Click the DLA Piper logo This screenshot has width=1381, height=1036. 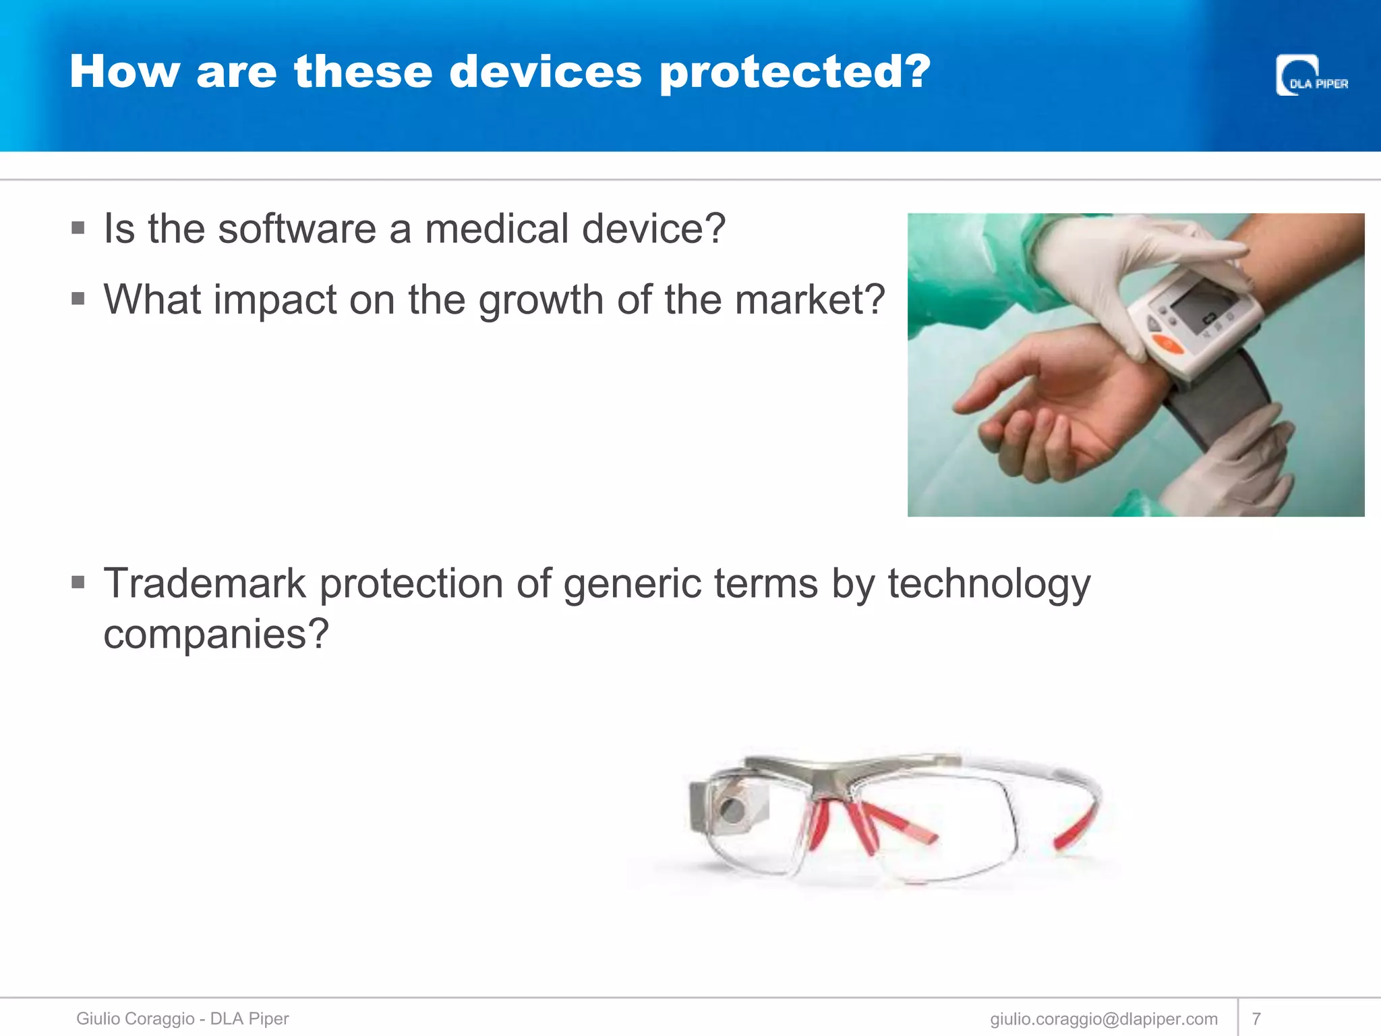[x=1311, y=76]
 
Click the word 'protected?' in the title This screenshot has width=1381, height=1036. [x=795, y=71]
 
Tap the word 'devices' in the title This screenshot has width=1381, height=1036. [x=545, y=71]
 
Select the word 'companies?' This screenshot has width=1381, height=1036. [x=216, y=634]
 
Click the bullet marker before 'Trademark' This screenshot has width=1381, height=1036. [x=78, y=581]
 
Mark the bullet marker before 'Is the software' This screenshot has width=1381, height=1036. [x=78, y=228]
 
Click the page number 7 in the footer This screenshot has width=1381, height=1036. [x=1256, y=1018]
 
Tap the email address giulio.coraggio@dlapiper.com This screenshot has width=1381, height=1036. [x=1104, y=1018]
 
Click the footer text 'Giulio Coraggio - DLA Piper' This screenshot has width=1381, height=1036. [x=182, y=1018]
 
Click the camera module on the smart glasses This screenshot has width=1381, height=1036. [x=730, y=807]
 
